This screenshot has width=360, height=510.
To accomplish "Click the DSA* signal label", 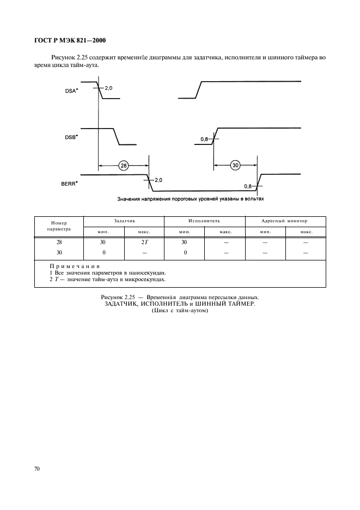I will (x=71, y=92).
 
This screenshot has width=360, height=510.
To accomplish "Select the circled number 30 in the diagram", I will (x=235, y=166).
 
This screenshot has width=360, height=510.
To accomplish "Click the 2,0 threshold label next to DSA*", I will (x=108, y=88).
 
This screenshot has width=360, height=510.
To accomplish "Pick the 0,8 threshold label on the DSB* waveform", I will (x=205, y=139).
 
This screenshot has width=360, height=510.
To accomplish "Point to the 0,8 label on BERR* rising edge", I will (x=248, y=186).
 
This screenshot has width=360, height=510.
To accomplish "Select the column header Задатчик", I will (x=124, y=221).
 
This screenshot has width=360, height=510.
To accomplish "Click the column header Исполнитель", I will (x=204, y=221).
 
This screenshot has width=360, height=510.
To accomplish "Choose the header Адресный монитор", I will (x=285, y=221).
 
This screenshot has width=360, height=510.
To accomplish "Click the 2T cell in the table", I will (x=144, y=242).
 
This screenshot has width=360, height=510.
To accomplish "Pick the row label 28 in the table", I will (x=59, y=242).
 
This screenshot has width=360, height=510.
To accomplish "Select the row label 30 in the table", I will (x=59, y=252).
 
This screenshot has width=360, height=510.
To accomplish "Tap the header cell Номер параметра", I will (x=59, y=226).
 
